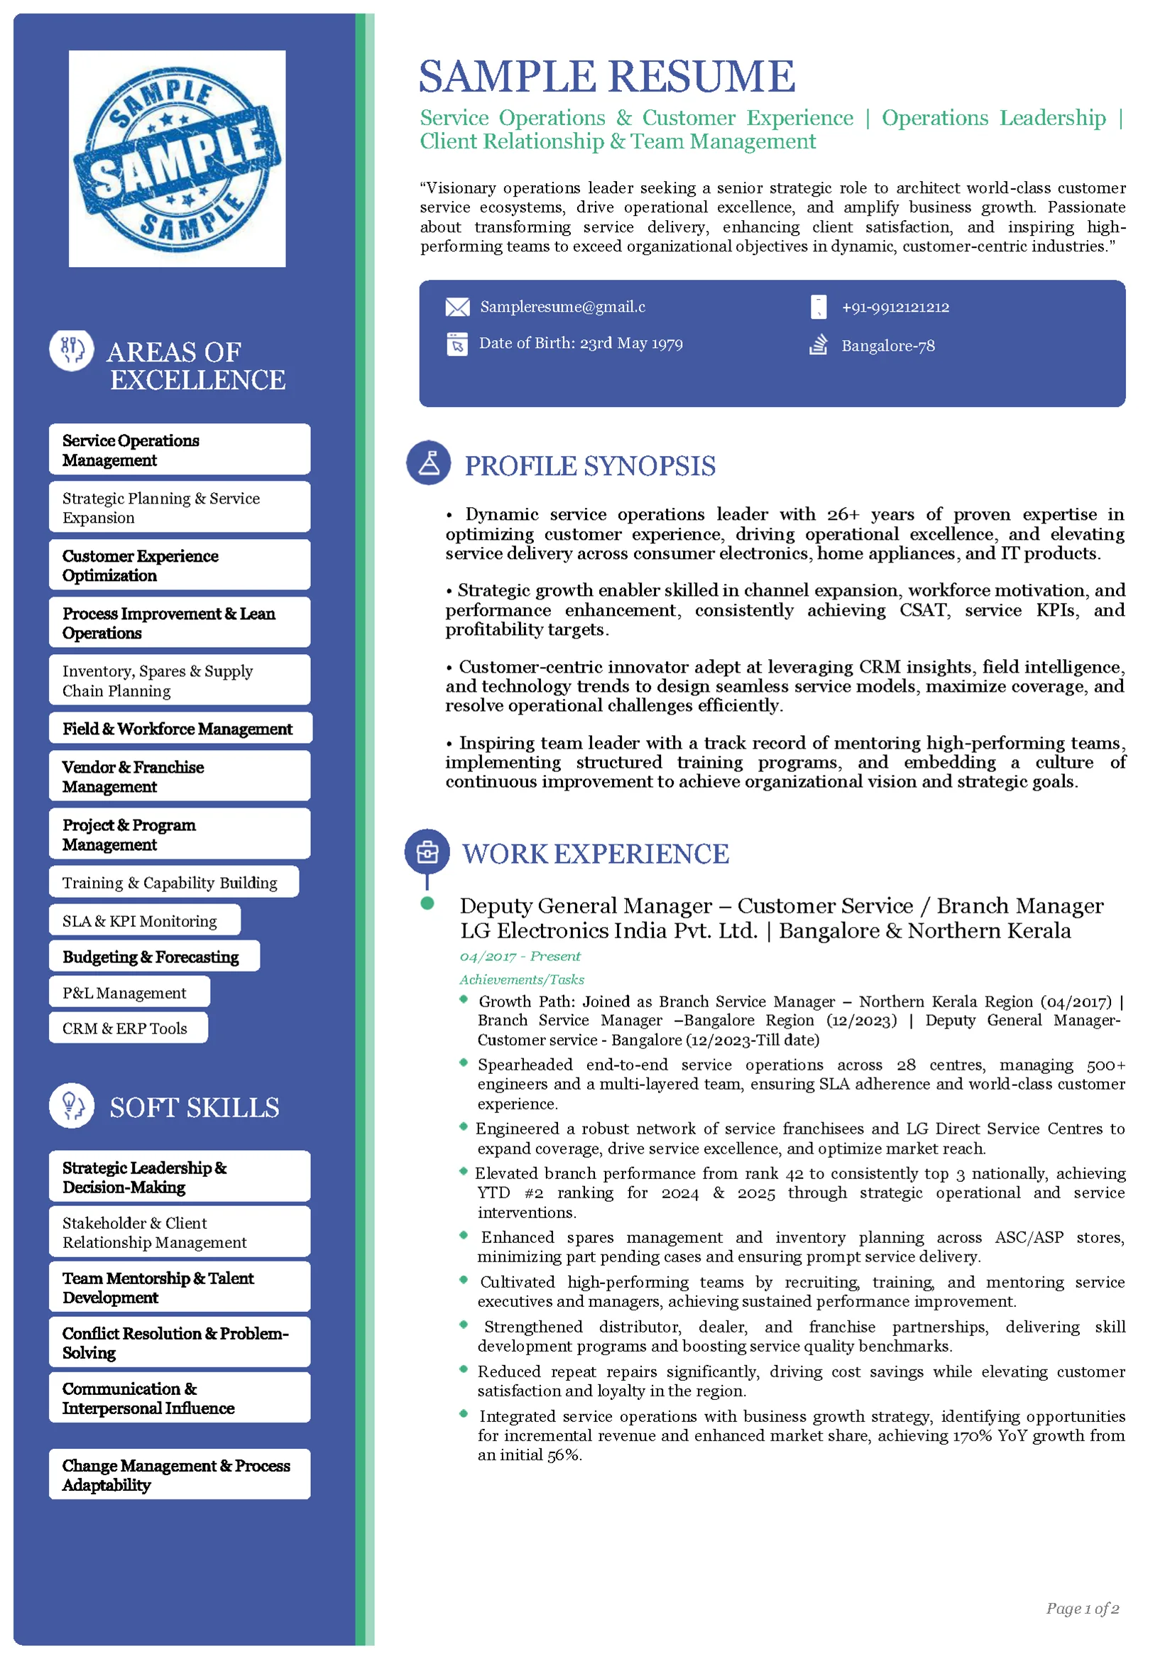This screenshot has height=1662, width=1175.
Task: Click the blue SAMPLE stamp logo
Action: point(177,158)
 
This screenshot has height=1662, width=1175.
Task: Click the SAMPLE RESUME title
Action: point(606,77)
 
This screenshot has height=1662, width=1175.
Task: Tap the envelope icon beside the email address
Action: point(457,307)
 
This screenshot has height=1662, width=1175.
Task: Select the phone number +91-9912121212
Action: point(895,307)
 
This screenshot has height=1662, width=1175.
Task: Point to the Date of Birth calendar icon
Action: point(457,344)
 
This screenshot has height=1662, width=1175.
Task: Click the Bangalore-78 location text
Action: point(887,346)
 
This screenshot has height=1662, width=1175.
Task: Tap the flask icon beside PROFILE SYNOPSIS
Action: point(428,462)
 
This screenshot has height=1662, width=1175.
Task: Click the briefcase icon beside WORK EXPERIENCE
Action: point(427,852)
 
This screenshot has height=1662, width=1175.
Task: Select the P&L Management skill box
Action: point(129,992)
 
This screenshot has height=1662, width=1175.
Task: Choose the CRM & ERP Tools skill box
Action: point(128,1028)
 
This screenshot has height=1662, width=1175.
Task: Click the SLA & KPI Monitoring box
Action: point(144,920)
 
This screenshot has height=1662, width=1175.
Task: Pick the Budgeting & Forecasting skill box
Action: point(154,956)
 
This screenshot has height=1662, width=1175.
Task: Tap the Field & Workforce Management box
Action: point(180,728)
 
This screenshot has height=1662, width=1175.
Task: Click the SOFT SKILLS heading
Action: point(194,1107)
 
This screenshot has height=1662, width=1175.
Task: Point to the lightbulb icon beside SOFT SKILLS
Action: point(72,1105)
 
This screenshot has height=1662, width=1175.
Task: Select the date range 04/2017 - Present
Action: point(520,956)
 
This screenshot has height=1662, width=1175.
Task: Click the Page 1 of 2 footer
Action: point(1082,1609)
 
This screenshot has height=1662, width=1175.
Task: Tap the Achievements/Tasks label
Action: point(522,979)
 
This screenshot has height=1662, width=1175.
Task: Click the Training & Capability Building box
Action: point(174,882)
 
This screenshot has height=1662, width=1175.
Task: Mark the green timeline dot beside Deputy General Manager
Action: point(427,903)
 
